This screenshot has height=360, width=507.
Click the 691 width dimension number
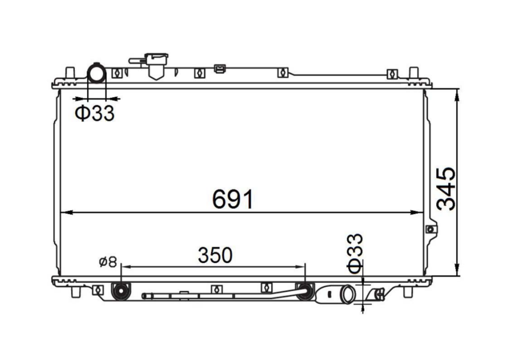coord(233,199)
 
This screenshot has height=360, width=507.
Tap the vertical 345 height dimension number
coord(446,189)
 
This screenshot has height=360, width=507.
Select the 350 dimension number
coord(215,255)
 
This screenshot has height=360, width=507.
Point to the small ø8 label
coord(108,262)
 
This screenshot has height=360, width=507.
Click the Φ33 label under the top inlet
coord(94,113)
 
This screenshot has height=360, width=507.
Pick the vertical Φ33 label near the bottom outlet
coord(355,253)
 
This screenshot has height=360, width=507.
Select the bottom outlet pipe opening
coord(348,294)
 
